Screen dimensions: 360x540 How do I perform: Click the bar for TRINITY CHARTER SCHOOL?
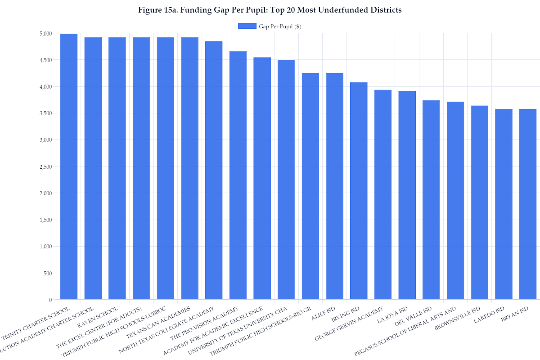pyautogui.click(x=69, y=166)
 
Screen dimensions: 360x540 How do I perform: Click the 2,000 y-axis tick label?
pyautogui.click(x=46, y=193)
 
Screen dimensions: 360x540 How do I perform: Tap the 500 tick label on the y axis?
pyautogui.click(x=48, y=273)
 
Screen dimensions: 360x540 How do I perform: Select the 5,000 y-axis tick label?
pyautogui.click(x=46, y=33)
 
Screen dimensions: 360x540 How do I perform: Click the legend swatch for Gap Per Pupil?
pyautogui.click(x=247, y=26)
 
